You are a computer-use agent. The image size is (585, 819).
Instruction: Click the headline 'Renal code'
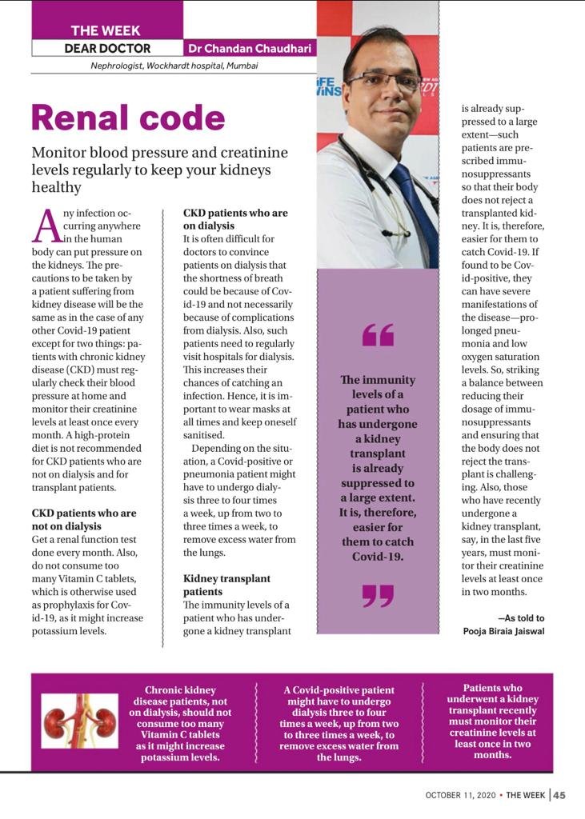(128, 118)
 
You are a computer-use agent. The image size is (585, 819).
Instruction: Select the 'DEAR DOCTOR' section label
(107, 48)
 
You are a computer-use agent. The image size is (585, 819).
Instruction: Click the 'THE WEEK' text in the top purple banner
(106, 30)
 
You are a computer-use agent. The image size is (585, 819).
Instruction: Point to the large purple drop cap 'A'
(46, 226)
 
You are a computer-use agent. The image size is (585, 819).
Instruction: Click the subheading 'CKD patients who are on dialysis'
(235, 220)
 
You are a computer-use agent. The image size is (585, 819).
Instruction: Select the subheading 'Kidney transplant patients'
(226, 585)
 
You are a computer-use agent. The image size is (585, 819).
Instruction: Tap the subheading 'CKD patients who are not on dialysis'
(84, 519)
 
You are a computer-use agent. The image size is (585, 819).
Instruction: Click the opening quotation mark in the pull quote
(378, 334)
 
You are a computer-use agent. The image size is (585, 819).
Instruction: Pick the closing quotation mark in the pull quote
(378, 594)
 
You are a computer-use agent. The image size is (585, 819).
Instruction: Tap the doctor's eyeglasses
(384, 81)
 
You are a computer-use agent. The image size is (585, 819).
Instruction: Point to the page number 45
(559, 795)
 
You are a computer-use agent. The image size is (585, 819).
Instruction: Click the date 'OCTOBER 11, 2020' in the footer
(459, 795)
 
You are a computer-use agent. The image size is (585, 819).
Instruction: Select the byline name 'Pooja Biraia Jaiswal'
(503, 631)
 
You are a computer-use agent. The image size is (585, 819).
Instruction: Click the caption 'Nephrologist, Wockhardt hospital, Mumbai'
(174, 66)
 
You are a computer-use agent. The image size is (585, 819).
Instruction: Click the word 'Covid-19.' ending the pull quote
(378, 557)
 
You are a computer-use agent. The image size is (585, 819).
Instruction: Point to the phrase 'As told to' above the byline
(523, 618)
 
